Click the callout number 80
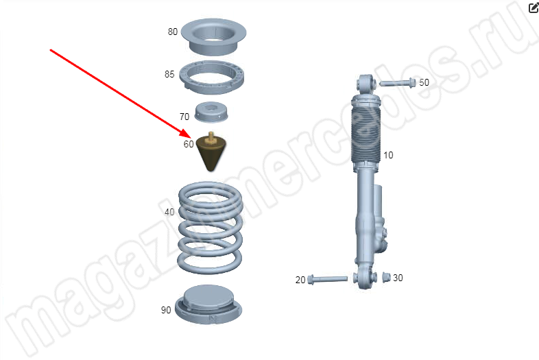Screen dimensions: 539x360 173,32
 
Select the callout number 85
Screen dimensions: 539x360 169,74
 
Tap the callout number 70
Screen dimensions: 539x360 184,117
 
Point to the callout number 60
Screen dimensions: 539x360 189,144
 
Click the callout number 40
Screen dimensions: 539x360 169,212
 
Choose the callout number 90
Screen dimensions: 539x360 166,310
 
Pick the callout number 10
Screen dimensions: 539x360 388,156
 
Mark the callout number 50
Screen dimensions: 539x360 424,82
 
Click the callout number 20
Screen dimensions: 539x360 300,280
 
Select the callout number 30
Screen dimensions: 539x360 398,278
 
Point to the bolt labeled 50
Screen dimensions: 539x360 398,83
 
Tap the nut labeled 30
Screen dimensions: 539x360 386,277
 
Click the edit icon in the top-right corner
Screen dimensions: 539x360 534,8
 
